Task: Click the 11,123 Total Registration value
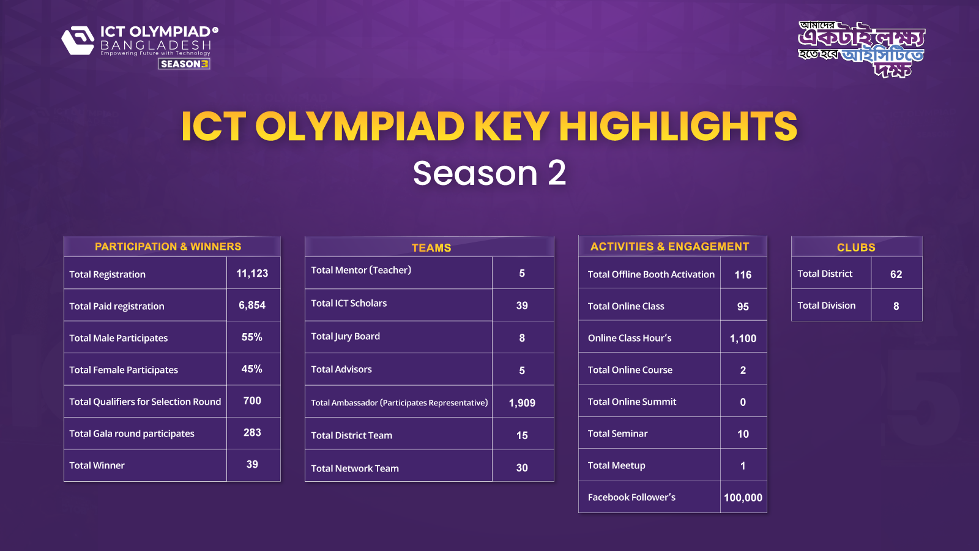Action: pyautogui.click(x=252, y=274)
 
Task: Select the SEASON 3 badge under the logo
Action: pyautogui.click(x=184, y=64)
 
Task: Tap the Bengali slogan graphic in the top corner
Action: pyautogui.click(x=861, y=49)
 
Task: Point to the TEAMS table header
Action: pyautogui.click(x=431, y=247)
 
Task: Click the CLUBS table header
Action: pyautogui.click(x=855, y=247)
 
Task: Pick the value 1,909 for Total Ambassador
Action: pyautogui.click(x=522, y=403)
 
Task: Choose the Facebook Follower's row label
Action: pyautogui.click(x=631, y=497)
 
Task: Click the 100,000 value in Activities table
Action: pyautogui.click(x=743, y=498)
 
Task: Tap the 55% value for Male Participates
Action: pyautogui.click(x=251, y=337)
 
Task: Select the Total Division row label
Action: pyautogui.click(x=826, y=305)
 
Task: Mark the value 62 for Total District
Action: pyautogui.click(x=896, y=274)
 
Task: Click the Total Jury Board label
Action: pyautogui.click(x=345, y=336)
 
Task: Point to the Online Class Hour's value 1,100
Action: pyautogui.click(x=743, y=339)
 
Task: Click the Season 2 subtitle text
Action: pyautogui.click(x=489, y=173)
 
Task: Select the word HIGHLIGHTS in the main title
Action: pyautogui.click(x=677, y=127)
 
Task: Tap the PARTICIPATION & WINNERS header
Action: pyautogui.click(x=168, y=247)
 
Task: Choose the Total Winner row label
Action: pyautogui.click(x=97, y=465)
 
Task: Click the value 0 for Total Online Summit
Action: pyautogui.click(x=743, y=402)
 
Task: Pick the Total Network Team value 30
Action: pyautogui.click(x=522, y=468)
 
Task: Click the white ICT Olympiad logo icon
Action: pyautogui.click(x=78, y=40)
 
